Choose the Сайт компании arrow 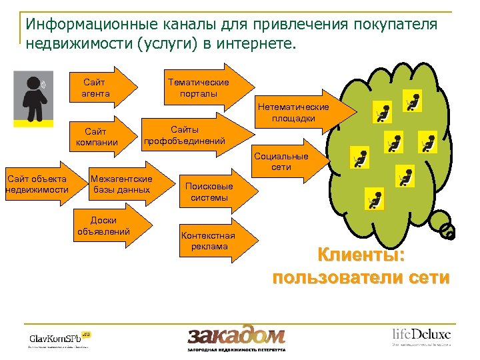[x=100, y=137]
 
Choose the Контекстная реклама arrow [x=209, y=241]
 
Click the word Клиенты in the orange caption [x=361, y=256]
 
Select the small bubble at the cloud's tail [x=449, y=233]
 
